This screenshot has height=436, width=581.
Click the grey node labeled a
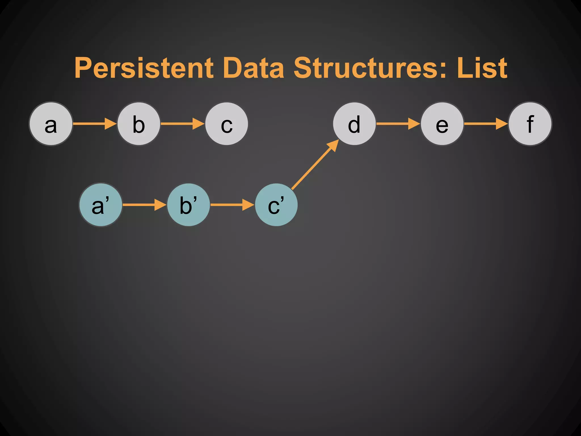51,124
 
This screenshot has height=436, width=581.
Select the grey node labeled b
139,124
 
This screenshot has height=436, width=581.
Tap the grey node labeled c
226,124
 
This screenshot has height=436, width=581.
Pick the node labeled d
354,124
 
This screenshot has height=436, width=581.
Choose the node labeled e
442,124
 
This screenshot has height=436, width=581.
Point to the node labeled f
530,124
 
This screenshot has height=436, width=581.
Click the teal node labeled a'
101,205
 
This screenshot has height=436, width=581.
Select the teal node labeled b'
188,205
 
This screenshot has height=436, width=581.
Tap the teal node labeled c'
276,205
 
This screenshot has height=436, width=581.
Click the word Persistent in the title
144,68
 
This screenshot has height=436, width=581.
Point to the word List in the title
482,68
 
